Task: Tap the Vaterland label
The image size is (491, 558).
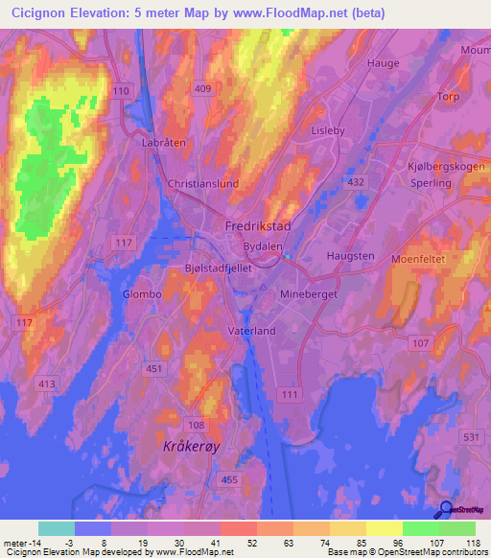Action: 251,331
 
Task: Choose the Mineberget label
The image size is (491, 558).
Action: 308,295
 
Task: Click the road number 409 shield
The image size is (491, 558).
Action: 201,90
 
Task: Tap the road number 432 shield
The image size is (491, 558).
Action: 357,181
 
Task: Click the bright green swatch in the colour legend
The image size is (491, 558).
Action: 420,528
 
